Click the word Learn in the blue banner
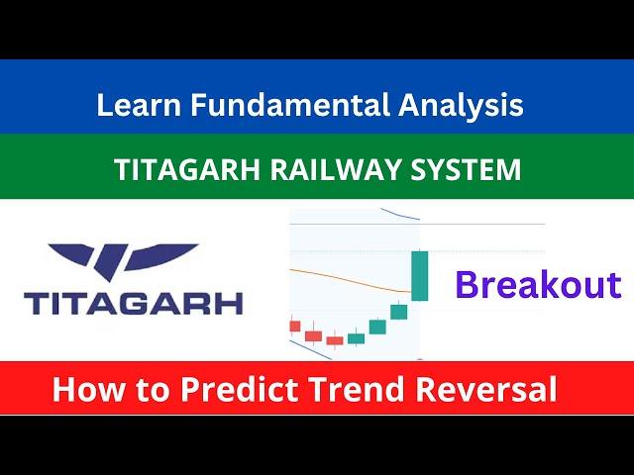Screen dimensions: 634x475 pyautogui.click(x=139, y=105)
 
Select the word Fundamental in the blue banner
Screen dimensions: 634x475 pyautogui.click(x=290, y=104)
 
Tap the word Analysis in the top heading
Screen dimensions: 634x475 pyautogui.click(x=461, y=105)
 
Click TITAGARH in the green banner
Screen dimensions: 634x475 pyautogui.click(x=187, y=169)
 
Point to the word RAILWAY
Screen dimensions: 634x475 pyautogui.click(x=336, y=169)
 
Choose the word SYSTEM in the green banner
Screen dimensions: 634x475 pyautogui.click(x=466, y=169)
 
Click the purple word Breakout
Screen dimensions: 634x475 pyautogui.click(x=538, y=285)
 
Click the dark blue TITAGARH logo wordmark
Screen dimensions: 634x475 pyautogui.click(x=134, y=304)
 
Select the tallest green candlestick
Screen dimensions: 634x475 pyautogui.click(x=420, y=275)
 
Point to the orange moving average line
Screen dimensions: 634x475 pyautogui.click(x=351, y=279)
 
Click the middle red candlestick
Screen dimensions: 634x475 pyautogui.click(x=314, y=335)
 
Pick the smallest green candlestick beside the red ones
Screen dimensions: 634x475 pyautogui.click(x=357, y=338)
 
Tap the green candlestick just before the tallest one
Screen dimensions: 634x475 pyautogui.click(x=398, y=312)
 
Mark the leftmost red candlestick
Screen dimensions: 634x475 pyautogui.click(x=295, y=326)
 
